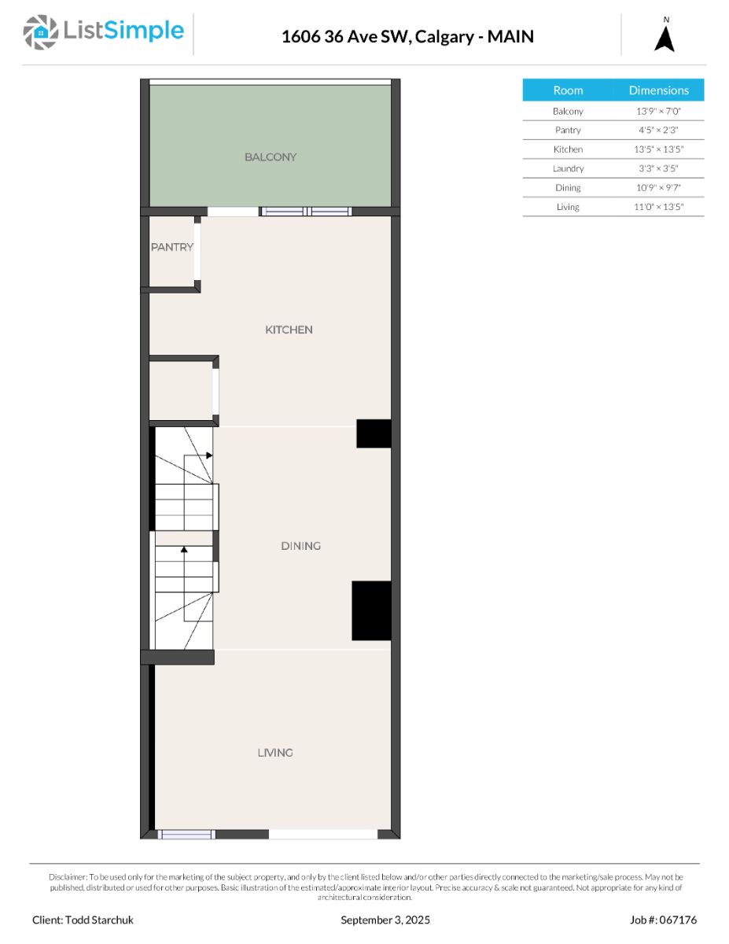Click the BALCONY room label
[x=270, y=157]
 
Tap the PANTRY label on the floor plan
[x=172, y=247]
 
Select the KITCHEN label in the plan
[x=289, y=330]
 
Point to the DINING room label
[x=300, y=545]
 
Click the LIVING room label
[x=274, y=752]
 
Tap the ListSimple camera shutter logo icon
[x=40, y=32]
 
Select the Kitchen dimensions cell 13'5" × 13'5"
[x=658, y=149]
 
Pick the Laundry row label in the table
[x=568, y=168]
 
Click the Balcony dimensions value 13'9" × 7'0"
[x=658, y=111]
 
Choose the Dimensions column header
[x=658, y=90]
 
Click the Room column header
[x=568, y=90]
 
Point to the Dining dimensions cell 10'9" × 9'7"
[x=658, y=187]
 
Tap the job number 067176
[x=679, y=920]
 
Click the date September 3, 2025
[x=385, y=920]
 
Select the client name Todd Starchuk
[x=99, y=920]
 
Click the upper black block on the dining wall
[x=374, y=433]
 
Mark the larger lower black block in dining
[x=371, y=610]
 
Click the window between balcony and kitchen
[x=306, y=211]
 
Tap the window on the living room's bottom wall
[x=186, y=834]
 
